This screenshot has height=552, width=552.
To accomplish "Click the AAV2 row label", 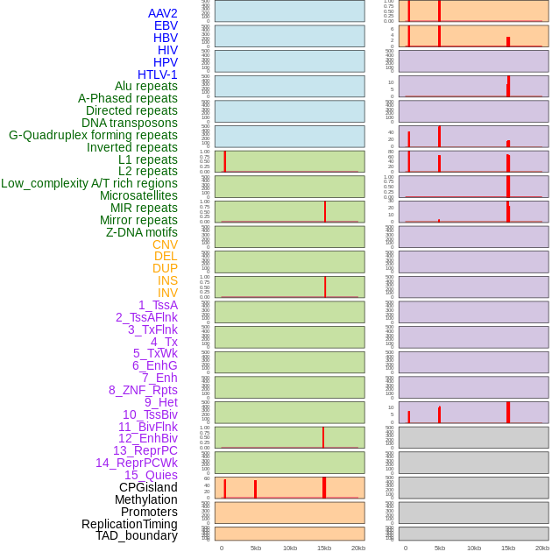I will tap(163, 13).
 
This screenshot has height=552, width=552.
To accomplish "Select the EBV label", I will tap(166, 25).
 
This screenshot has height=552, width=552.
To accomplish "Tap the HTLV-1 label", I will tap(158, 74).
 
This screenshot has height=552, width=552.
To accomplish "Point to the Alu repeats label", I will tap(146, 86).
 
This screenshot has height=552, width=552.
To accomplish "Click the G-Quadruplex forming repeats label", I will tap(93, 135).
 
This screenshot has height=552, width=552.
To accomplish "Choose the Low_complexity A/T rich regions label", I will tap(89, 183).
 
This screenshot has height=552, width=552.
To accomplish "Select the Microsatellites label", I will tap(138, 195).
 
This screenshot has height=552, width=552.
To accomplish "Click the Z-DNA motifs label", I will tap(142, 232).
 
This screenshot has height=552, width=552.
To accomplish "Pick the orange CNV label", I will tap(165, 244).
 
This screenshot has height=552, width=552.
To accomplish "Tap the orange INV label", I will tap(167, 293).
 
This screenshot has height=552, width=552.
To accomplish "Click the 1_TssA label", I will tap(158, 305).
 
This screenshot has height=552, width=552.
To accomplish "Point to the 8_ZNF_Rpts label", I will tap(143, 390).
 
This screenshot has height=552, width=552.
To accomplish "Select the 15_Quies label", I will tap(151, 475).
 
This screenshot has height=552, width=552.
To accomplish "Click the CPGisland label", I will tap(148, 487).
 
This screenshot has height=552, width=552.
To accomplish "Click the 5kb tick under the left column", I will tap(256, 548).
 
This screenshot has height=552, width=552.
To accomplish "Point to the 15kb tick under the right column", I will tap(508, 548).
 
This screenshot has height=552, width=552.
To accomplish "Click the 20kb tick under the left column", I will tap(358, 548).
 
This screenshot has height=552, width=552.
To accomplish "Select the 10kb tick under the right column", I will tap(474, 548).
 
